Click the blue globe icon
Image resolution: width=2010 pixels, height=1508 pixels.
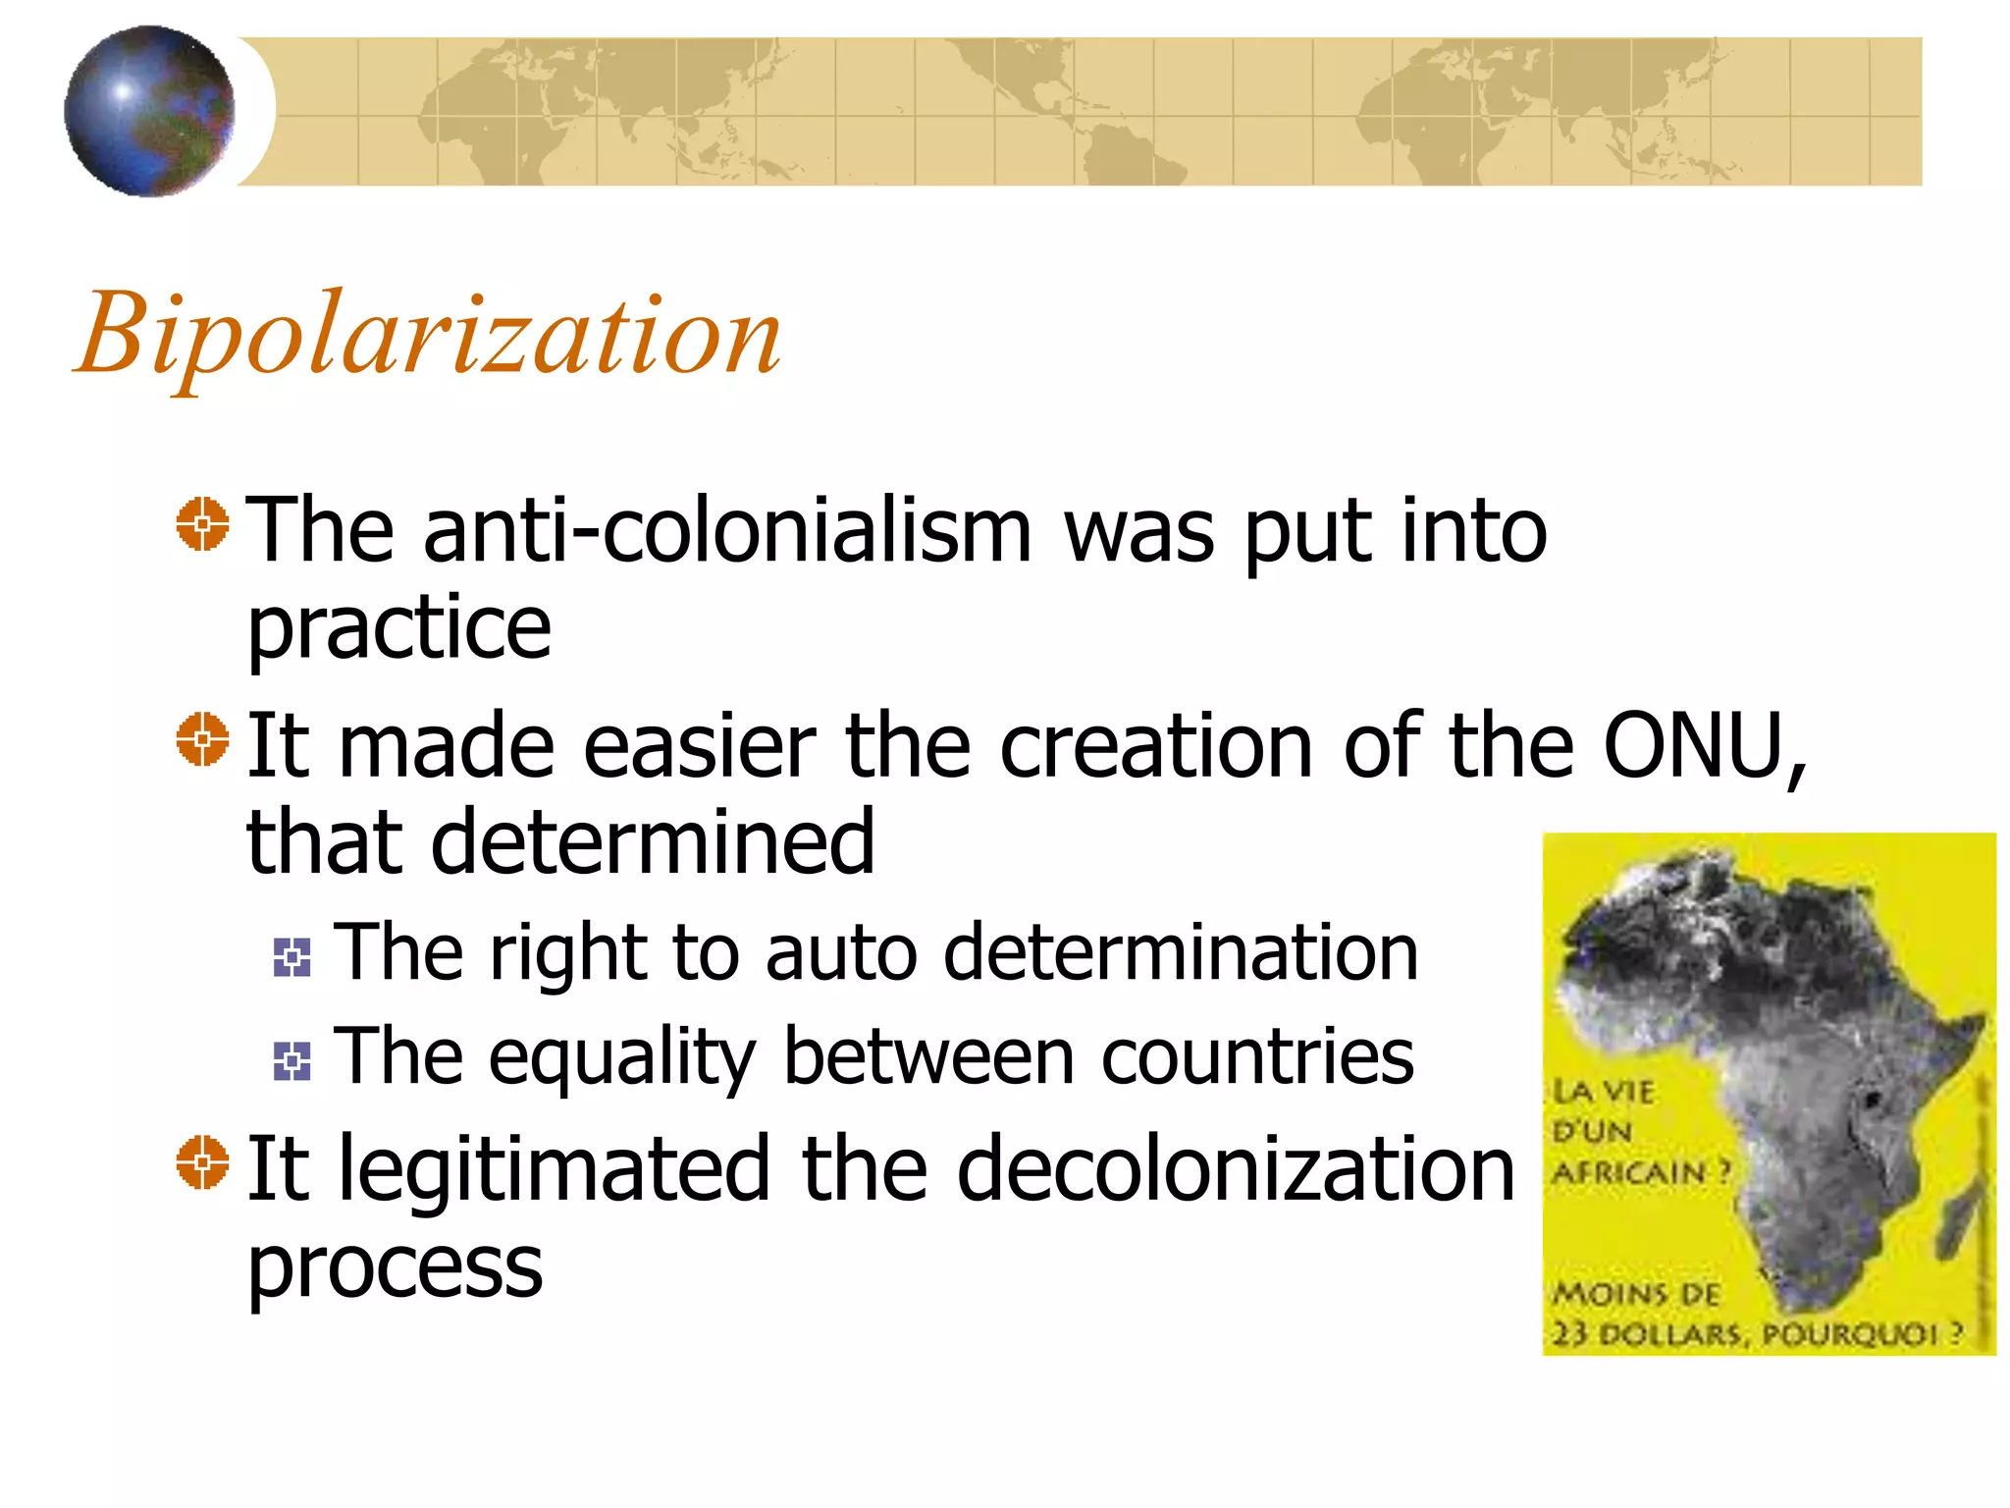[149, 111]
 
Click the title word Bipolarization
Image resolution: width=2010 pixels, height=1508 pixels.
[429, 335]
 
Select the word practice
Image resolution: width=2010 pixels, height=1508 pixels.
[398, 628]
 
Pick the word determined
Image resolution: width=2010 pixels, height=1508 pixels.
[652, 841]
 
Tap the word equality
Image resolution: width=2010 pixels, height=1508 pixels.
[621, 1057]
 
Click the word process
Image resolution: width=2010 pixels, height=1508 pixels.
[395, 1266]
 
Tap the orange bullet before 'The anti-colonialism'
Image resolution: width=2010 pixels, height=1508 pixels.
[202, 524]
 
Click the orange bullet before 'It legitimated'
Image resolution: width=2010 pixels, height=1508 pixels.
[202, 1162]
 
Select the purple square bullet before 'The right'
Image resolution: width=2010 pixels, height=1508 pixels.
[291, 957]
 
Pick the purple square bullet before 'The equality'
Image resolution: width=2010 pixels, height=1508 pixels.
[291, 1061]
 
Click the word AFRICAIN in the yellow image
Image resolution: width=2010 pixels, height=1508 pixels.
[1629, 1172]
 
